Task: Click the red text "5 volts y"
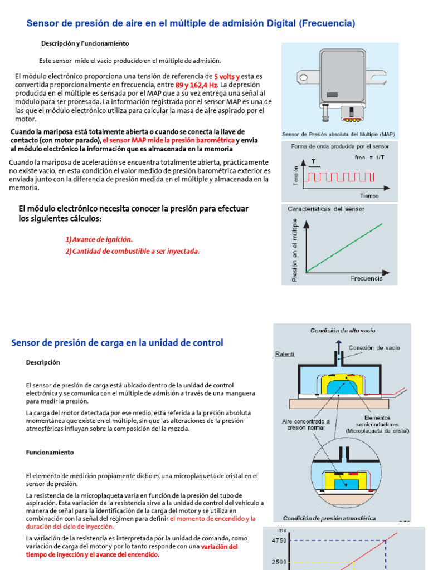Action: [x=227, y=76]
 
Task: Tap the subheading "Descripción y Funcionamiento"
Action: [x=85, y=43]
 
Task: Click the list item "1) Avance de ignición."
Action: [x=99, y=239]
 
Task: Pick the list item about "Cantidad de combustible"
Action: [x=132, y=251]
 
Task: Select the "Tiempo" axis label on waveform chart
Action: [x=369, y=195]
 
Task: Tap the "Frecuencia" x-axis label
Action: [x=367, y=278]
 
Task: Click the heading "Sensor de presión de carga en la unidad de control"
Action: [x=117, y=343]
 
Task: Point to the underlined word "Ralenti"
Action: [x=285, y=354]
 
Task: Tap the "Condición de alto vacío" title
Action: [x=343, y=330]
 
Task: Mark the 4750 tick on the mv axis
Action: [x=279, y=540]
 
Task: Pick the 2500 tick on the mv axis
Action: [x=279, y=562]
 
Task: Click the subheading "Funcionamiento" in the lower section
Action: [x=50, y=453]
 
